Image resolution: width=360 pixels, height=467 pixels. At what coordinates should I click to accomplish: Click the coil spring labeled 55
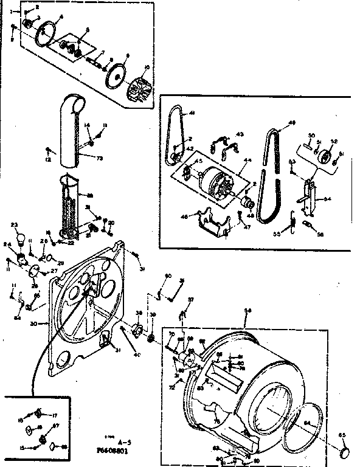pyautogui.click(x=293, y=220)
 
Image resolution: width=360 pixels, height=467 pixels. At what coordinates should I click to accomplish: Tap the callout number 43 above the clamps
pyautogui.click(x=240, y=134)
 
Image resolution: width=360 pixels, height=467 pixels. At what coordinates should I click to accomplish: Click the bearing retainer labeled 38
pyautogui.click(x=137, y=330)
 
